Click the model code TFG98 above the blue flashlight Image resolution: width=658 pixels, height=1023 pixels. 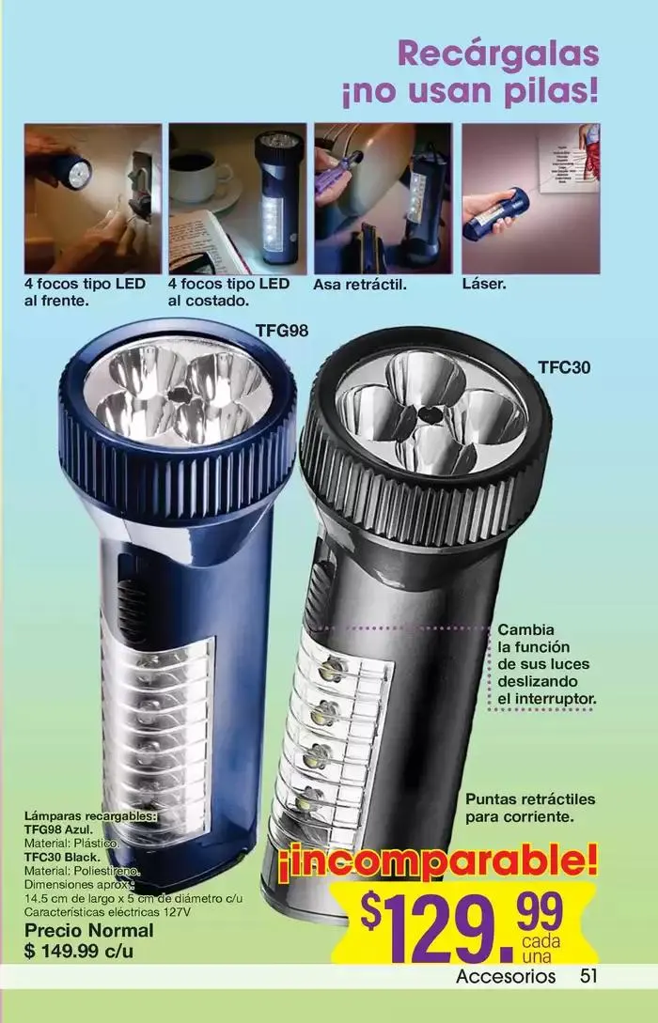point(281,330)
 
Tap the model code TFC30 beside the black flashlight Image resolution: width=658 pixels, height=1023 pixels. point(564,367)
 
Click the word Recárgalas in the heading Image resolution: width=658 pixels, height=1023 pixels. point(498,54)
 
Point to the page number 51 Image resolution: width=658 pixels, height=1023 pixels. point(588,976)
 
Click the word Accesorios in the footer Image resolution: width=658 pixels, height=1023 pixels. point(506,977)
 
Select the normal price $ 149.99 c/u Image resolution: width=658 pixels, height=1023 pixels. point(79,952)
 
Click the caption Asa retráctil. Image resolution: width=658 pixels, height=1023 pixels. point(360,286)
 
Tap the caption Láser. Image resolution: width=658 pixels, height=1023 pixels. point(484,285)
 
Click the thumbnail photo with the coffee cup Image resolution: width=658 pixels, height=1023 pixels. point(238,199)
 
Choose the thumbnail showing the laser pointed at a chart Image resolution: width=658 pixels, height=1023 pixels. point(531,199)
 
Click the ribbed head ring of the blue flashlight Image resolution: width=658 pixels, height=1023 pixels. point(177,457)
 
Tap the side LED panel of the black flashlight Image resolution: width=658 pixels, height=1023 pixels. point(331,738)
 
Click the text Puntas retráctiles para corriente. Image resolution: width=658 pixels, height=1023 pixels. point(530,808)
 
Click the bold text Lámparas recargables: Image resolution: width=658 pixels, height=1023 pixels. point(91,816)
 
